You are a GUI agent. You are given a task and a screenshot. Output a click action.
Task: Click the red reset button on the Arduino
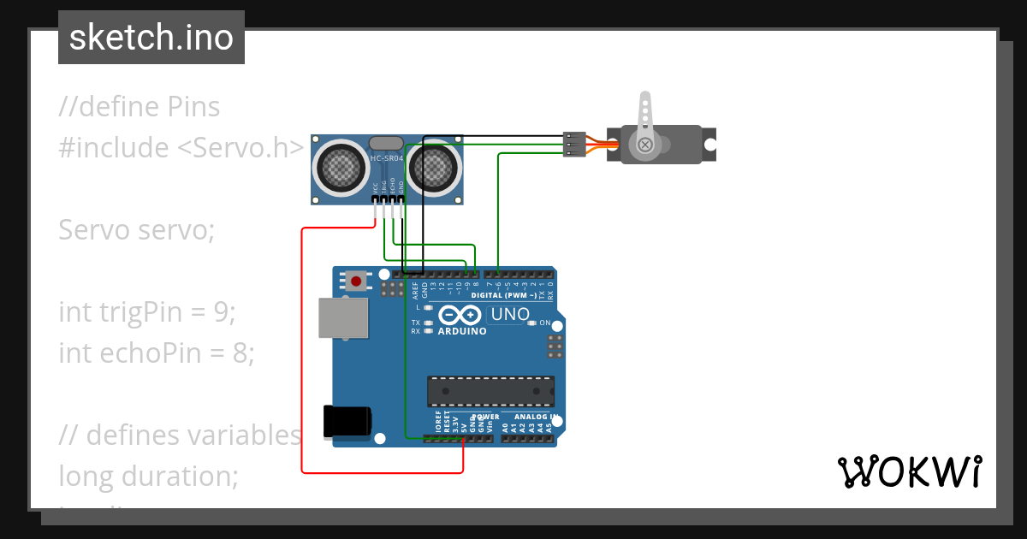[355, 280]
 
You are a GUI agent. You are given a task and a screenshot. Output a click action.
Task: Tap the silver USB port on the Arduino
[342, 317]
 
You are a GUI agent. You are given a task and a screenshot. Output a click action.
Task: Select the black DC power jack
[347, 423]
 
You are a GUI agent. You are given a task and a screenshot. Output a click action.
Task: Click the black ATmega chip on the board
[490, 391]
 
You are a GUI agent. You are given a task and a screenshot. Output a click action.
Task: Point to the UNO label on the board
[510, 315]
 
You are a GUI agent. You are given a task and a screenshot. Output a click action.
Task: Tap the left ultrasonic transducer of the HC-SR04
[341, 166]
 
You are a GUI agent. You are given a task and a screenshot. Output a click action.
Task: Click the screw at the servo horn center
[644, 145]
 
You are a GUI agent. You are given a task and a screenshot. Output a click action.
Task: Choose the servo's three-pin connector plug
[574, 144]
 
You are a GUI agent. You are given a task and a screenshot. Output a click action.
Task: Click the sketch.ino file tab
[151, 38]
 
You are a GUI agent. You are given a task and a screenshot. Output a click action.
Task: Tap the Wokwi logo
[909, 471]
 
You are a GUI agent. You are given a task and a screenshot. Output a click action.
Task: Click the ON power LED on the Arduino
[532, 323]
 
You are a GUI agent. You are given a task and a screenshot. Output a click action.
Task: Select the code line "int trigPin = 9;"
[146, 312]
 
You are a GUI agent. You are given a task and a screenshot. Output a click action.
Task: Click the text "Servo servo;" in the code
[137, 230]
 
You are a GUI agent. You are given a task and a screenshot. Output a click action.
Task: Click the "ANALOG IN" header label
[537, 417]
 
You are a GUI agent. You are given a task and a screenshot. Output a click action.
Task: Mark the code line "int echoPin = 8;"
[157, 352]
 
